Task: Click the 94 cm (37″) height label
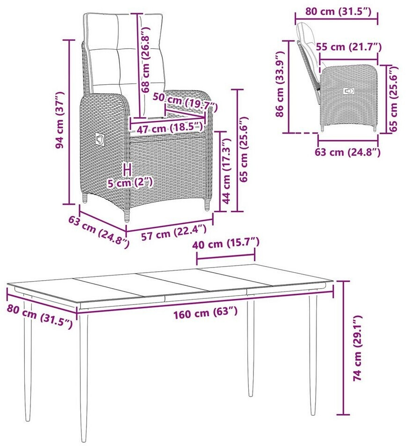coord(60,120)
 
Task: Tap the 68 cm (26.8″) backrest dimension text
coord(145,60)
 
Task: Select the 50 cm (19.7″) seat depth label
coord(185,102)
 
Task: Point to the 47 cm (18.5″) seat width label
coord(170,128)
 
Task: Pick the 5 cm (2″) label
coord(130,183)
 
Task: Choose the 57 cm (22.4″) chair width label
coord(174,232)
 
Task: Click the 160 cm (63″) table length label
coord(205,313)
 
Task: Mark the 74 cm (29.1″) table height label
coord(358,348)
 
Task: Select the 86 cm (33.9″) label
coord(280,84)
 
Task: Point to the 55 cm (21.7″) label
coord(348,47)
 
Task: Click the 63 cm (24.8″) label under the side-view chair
coord(348,152)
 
